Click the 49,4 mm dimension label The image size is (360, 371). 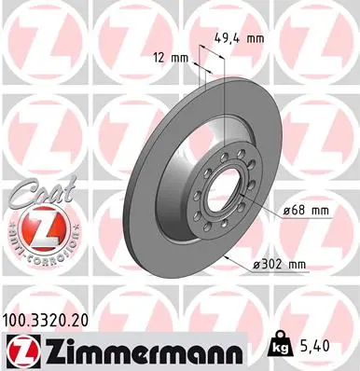(260, 40)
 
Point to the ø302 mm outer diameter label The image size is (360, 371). (280, 266)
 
